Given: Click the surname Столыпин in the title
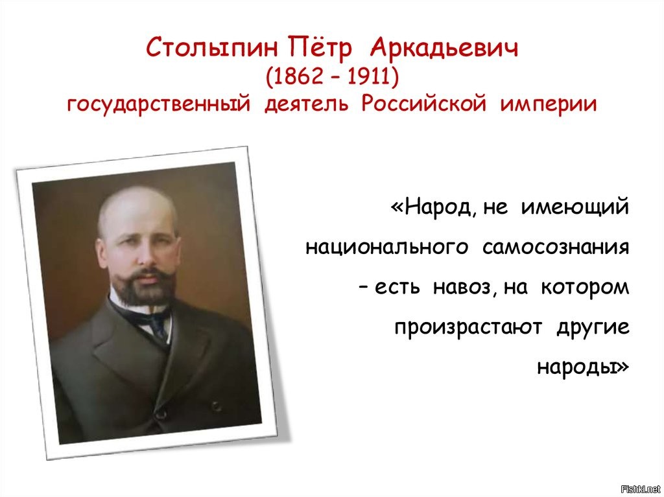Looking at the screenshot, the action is [212, 48].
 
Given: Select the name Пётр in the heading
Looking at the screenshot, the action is [320, 47].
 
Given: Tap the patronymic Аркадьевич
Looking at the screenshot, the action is [444, 47].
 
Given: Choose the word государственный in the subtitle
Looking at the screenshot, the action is [159, 104].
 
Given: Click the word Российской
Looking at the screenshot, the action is [424, 103].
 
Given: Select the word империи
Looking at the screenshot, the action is [549, 104].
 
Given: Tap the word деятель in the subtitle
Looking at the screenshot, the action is [306, 104].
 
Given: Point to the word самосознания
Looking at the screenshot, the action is [556, 248].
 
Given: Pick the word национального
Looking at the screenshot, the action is [387, 248].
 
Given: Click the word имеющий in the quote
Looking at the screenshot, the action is [575, 207].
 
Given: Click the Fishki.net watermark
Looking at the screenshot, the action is [640, 489].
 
